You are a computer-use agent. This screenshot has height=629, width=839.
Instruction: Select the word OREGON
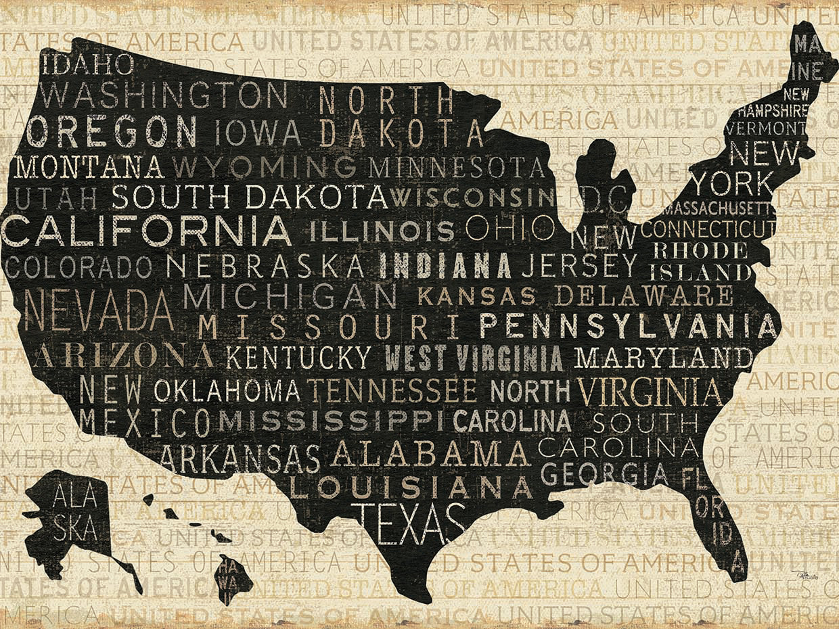coord(112,131)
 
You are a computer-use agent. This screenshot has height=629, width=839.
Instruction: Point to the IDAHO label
coord(87,65)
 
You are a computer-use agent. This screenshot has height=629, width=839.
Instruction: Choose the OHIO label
coord(510,228)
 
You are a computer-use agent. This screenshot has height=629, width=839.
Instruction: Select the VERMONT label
coord(773,127)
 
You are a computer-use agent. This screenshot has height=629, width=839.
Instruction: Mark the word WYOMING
coord(264,166)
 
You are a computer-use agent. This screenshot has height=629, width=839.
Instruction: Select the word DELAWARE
coord(643,296)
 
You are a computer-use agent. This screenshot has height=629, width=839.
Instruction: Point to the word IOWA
coord(253,131)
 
